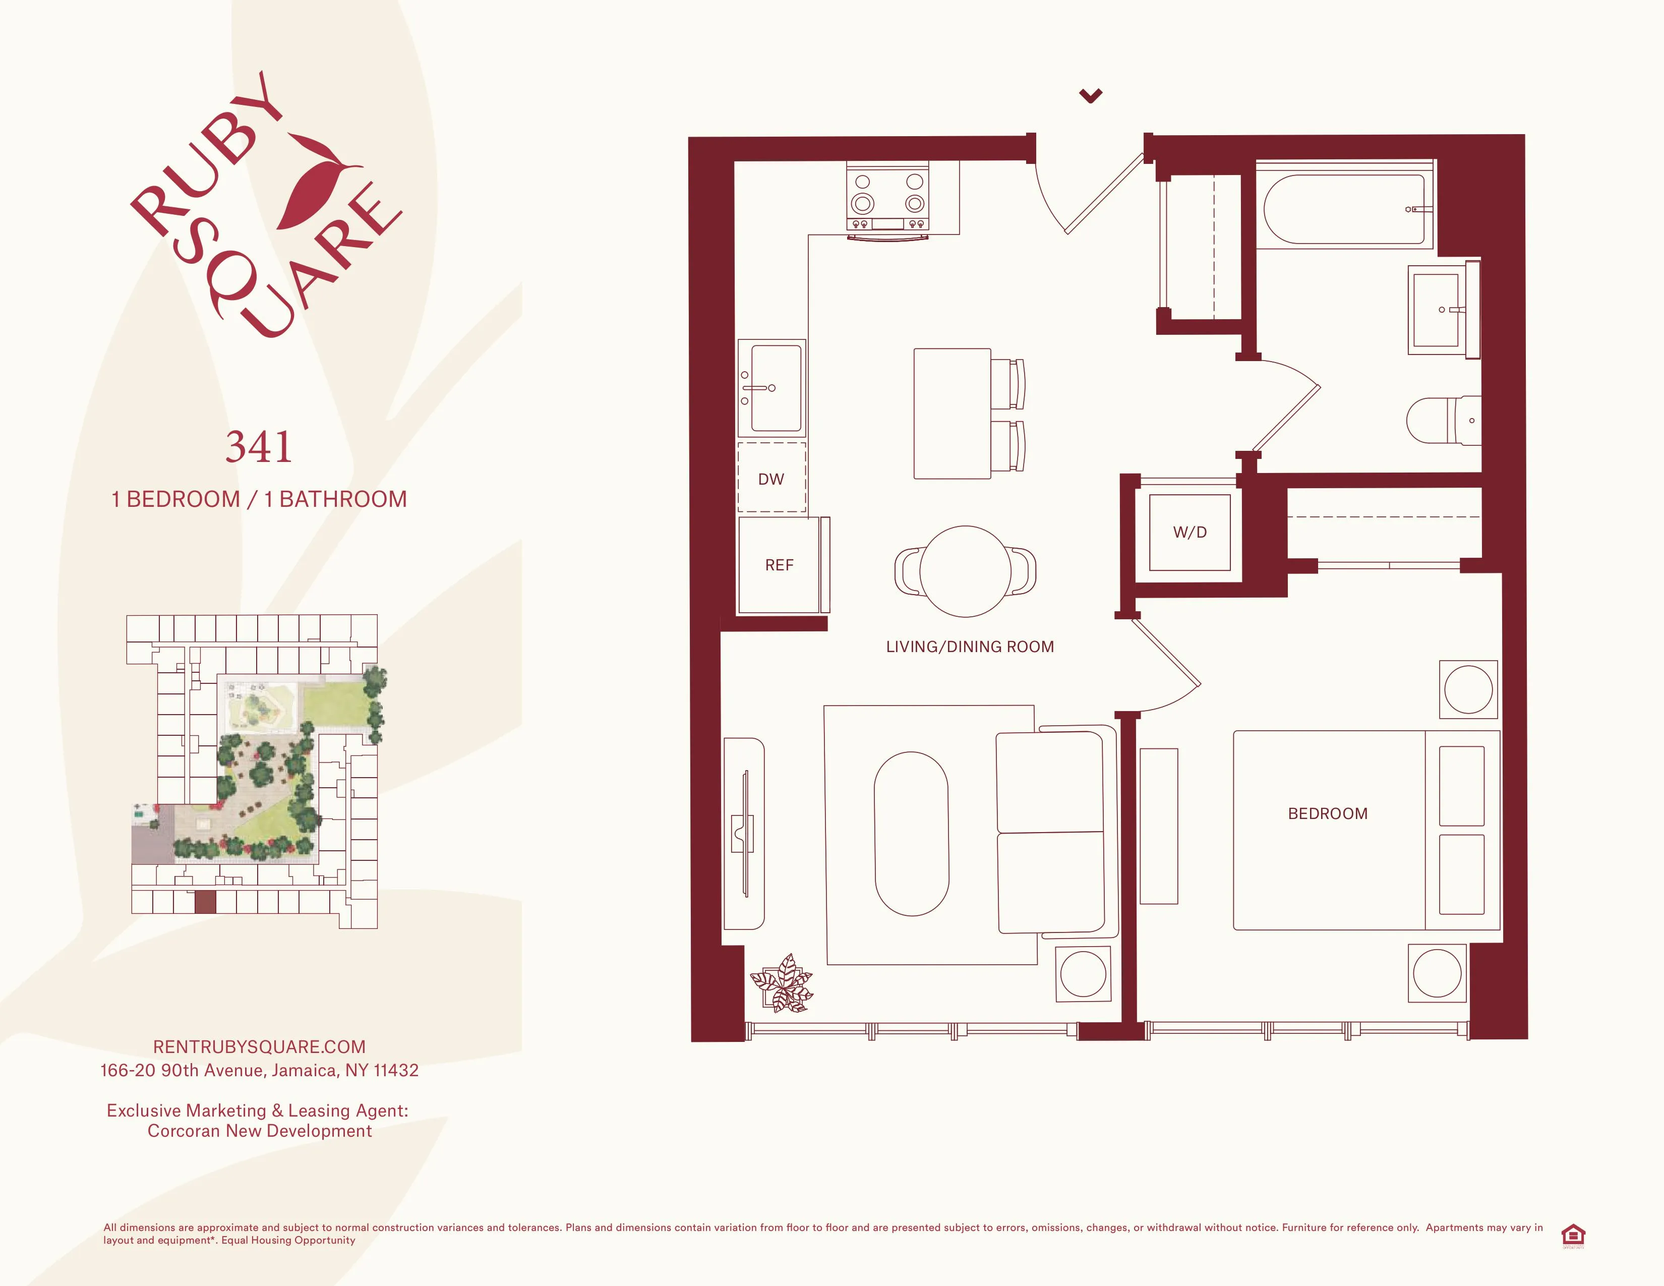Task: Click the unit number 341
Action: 259,447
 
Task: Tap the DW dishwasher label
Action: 771,479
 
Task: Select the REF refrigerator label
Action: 779,565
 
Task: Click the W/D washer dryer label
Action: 1190,533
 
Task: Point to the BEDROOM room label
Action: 1327,813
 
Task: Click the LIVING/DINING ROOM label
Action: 969,647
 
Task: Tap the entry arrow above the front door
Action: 1090,95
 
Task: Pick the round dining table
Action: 965,571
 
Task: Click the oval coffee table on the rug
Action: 911,834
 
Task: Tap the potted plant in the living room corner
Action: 783,983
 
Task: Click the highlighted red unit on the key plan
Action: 205,902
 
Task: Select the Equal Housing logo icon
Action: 1573,1236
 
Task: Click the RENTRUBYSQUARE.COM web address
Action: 259,1047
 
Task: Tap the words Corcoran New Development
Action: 259,1131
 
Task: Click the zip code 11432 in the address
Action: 396,1070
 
